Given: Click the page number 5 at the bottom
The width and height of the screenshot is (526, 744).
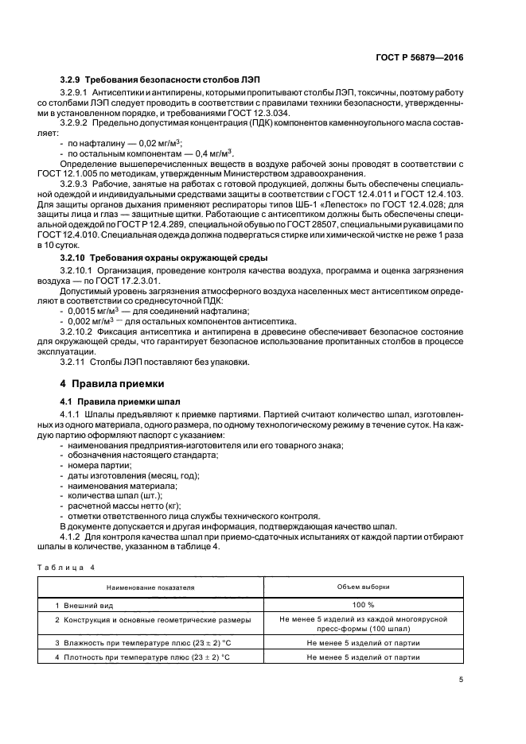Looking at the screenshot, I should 462,679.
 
